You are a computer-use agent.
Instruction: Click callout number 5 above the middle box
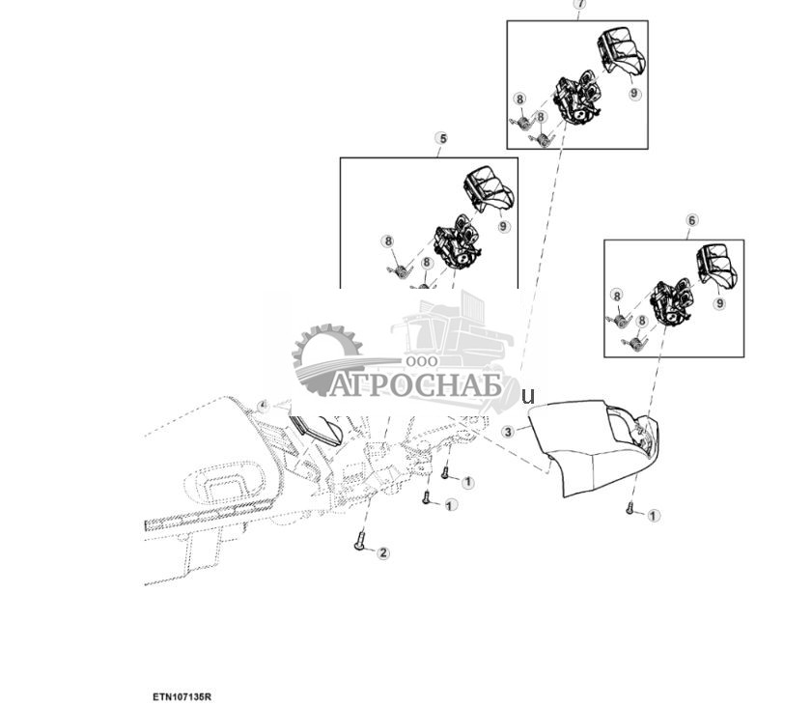point(443,139)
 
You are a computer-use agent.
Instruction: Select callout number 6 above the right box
point(691,220)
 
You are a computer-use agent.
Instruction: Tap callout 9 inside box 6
point(719,303)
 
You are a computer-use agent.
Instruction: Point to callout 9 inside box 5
point(504,226)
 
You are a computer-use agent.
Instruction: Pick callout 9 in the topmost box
point(634,94)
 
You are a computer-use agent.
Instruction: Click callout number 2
point(383,553)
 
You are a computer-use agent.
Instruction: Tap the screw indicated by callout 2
point(360,544)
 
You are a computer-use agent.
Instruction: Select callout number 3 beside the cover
point(508,432)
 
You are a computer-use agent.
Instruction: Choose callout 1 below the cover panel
point(654,516)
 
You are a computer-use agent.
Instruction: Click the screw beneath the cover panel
point(630,508)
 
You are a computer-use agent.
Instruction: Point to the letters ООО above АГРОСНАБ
point(421,361)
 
